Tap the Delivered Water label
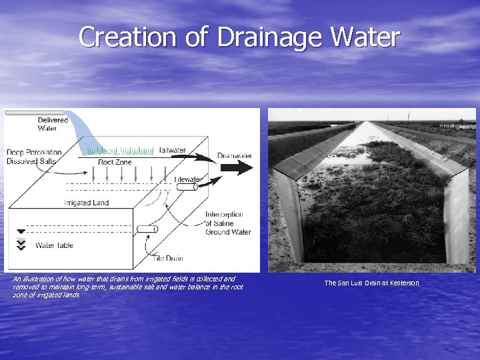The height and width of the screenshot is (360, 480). [x=52, y=124]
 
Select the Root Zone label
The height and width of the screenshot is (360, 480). [x=114, y=162]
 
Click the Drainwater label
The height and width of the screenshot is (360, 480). [x=235, y=156]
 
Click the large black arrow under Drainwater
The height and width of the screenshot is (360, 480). [x=236, y=168]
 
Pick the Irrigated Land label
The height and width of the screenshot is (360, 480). [x=87, y=203]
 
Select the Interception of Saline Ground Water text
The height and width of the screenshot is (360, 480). [x=227, y=223]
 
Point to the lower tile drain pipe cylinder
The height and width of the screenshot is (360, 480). [x=147, y=229]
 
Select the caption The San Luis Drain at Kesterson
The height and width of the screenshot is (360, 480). [x=371, y=283]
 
